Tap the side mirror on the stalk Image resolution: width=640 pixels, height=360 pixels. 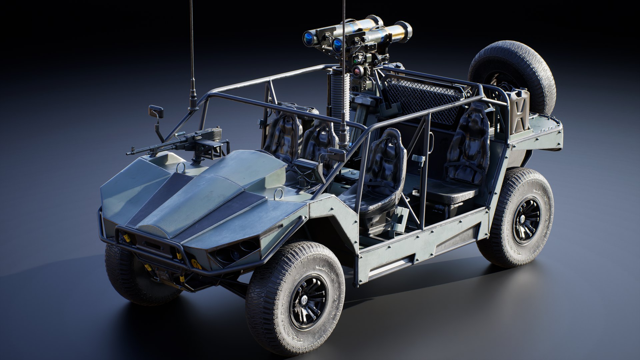[156, 112]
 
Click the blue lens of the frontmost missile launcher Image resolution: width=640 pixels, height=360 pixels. [337, 45]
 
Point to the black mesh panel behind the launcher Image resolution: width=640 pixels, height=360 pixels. [420, 97]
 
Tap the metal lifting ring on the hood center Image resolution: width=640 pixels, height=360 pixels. [181, 168]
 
